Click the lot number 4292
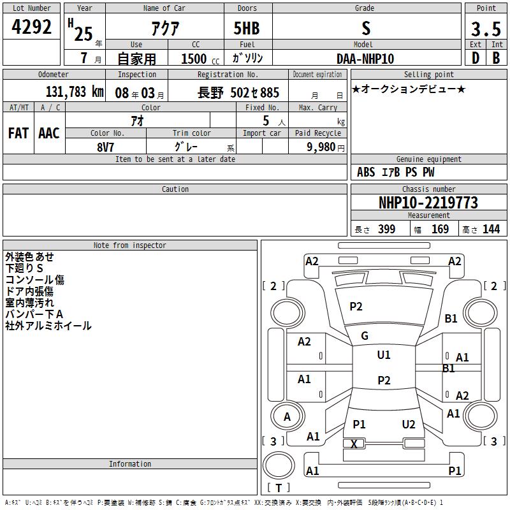(x=31, y=27)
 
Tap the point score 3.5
(x=486, y=29)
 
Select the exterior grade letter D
(x=476, y=58)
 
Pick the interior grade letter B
(x=496, y=58)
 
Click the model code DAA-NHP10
(x=365, y=59)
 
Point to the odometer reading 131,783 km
(x=75, y=92)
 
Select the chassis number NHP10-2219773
(x=428, y=203)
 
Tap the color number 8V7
(x=105, y=147)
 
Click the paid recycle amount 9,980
(x=321, y=147)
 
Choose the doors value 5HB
(x=247, y=28)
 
